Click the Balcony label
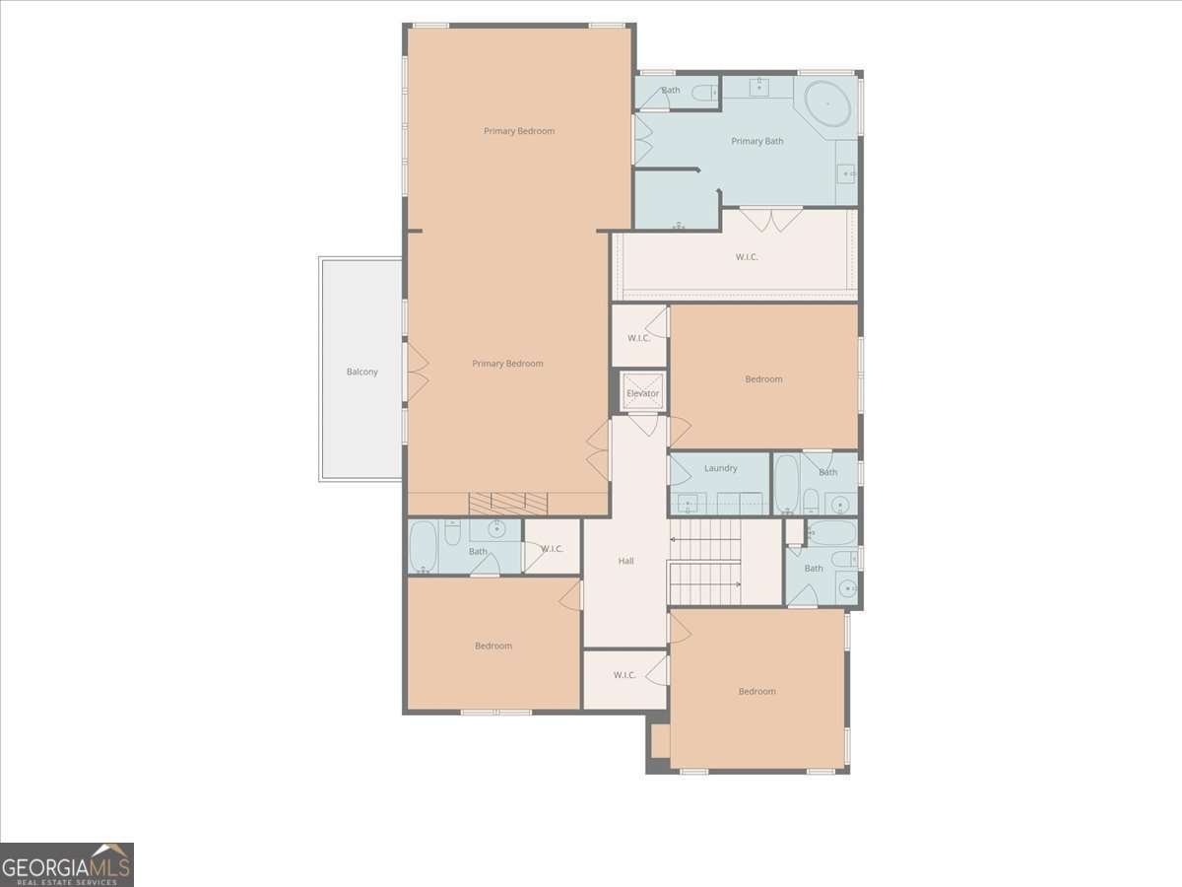(361, 372)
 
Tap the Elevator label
(642, 393)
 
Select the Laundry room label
(720, 468)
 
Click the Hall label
(625, 561)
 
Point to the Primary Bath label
(757, 141)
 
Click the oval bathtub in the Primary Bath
(827, 103)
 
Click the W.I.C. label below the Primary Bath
(747, 257)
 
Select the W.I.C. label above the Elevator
(638, 338)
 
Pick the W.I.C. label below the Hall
(624, 675)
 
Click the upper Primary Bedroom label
(519, 131)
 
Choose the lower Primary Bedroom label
(508, 364)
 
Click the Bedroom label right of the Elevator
(763, 379)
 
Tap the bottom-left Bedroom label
(493, 646)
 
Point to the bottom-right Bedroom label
(757, 691)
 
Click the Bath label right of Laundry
(828, 472)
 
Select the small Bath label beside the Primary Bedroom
(671, 90)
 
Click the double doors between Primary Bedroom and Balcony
(418, 373)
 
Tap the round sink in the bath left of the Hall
(496, 529)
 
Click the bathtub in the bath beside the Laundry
(787, 484)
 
